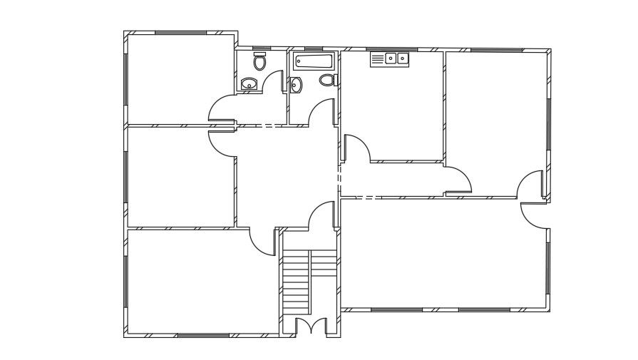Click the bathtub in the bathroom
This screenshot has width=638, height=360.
coord(313,61)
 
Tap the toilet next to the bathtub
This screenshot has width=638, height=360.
coord(327,80)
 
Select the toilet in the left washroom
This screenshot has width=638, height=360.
coord(260,62)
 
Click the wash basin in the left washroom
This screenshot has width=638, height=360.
coord(249,84)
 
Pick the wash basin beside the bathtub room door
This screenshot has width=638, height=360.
coord(296,85)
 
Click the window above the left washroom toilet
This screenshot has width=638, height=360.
coord(260,48)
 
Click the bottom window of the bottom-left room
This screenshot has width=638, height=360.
coord(203,335)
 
